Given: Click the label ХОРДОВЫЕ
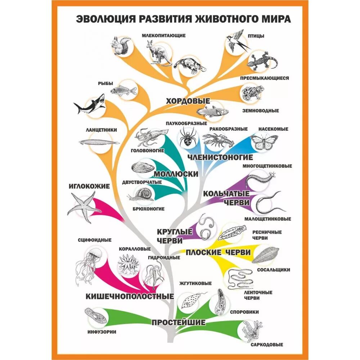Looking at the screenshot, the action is (x=188, y=101).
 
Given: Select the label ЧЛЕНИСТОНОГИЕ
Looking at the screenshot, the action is (x=220, y=157).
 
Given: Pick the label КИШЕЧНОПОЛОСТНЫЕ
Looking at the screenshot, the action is (x=130, y=296).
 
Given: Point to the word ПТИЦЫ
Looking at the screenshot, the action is (x=256, y=36).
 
